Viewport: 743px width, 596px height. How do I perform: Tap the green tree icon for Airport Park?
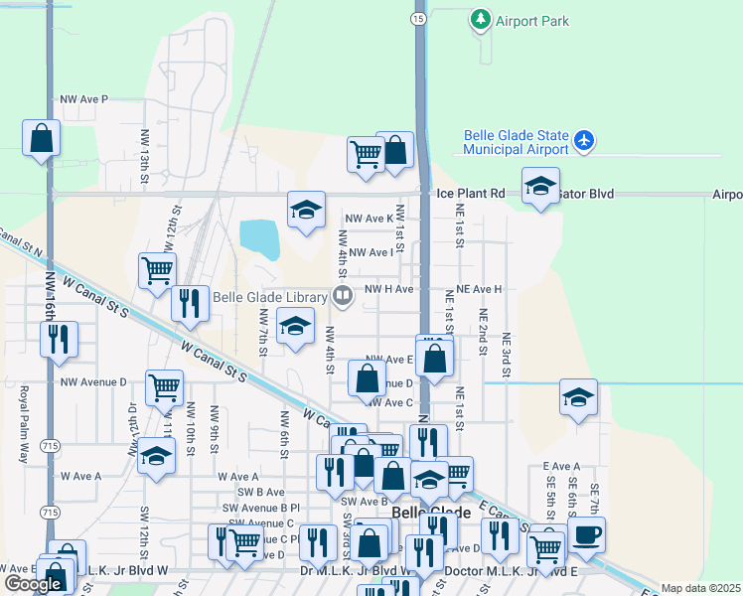click(x=481, y=19)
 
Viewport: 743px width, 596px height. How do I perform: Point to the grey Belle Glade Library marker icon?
click(x=343, y=295)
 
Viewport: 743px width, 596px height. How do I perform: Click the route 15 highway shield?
click(x=419, y=19)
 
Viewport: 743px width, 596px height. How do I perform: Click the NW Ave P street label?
click(x=83, y=99)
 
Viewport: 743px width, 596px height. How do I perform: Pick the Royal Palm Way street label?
click(x=23, y=413)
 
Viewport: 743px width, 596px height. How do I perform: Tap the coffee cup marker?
click(x=586, y=534)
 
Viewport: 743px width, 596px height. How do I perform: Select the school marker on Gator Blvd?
click(x=541, y=187)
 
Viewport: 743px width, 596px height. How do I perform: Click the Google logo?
click(x=34, y=584)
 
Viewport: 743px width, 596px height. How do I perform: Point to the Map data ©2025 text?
click(x=700, y=588)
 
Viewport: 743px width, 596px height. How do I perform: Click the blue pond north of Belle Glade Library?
click(x=260, y=238)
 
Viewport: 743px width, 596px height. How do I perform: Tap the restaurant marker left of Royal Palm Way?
click(x=60, y=339)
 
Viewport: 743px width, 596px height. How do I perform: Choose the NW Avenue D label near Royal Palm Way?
click(x=93, y=381)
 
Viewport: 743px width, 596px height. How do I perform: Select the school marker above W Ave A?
click(x=156, y=456)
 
